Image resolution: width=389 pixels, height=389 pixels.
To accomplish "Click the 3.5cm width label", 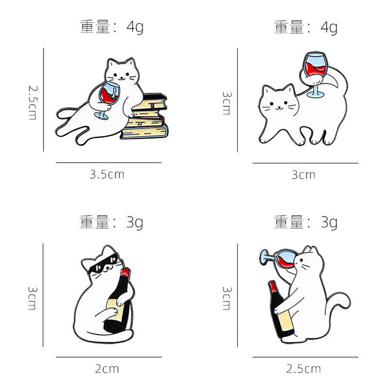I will (x=107, y=174).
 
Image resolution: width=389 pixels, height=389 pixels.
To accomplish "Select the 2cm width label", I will (x=108, y=368).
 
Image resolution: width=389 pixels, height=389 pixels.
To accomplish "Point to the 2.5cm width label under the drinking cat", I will (x=303, y=368).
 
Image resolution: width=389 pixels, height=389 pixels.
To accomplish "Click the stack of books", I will (x=145, y=117).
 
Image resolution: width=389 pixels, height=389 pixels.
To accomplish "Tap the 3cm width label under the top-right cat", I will (x=303, y=174).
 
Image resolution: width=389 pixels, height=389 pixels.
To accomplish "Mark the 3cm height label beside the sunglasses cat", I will (x=33, y=297).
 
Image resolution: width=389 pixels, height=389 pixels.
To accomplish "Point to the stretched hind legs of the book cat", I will (x=75, y=125).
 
